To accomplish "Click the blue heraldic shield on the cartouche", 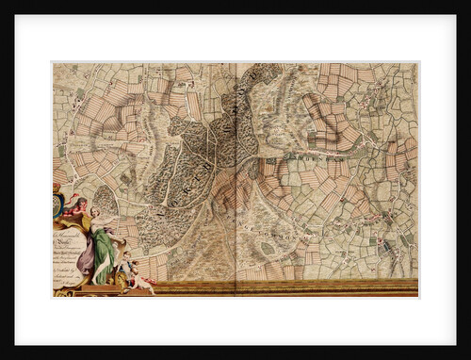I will [57, 202].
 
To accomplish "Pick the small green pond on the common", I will [268, 248].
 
